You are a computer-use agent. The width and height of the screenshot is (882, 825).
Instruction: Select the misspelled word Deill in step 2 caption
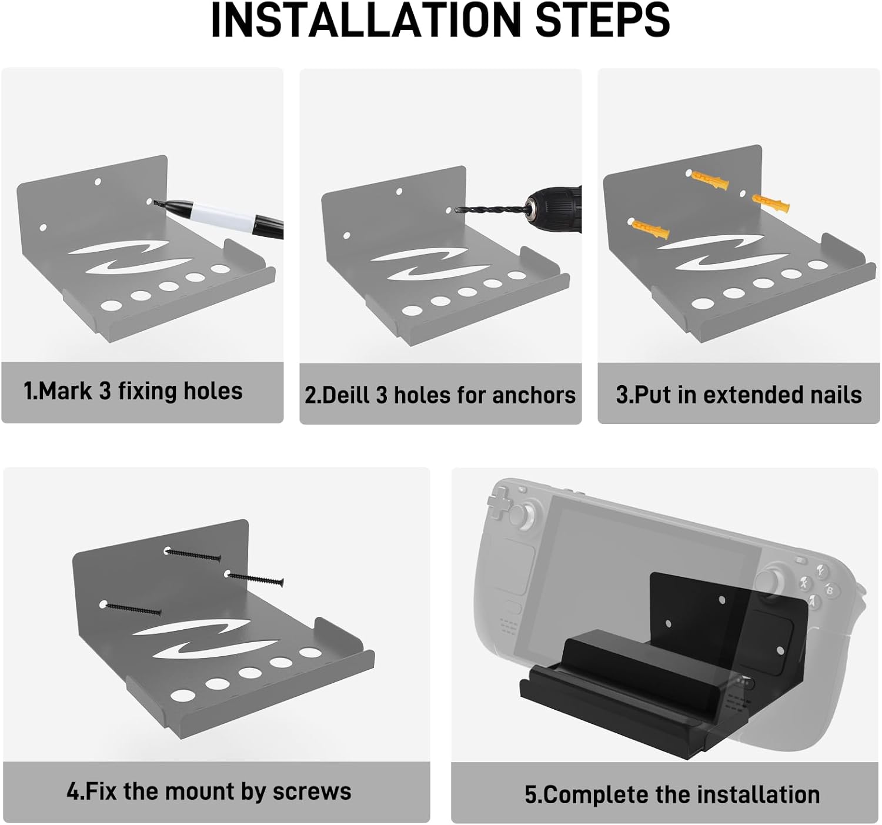pos(343,395)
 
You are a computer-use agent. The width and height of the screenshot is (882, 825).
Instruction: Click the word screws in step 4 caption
pos(312,791)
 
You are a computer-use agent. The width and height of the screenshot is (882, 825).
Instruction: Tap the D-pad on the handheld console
pos(500,502)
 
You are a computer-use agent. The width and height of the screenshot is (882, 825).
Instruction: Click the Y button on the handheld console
pos(821,570)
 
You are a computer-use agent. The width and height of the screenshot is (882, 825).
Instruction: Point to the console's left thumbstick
pos(522,515)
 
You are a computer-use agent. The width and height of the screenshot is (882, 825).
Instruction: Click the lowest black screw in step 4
pos(132,609)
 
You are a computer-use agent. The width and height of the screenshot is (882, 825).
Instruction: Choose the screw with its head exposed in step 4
pos(255,578)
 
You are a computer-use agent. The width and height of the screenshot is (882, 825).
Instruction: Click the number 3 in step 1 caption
pos(105,391)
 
